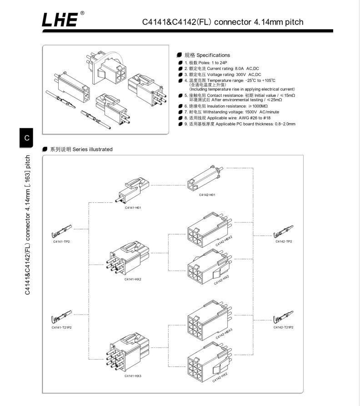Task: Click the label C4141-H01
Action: click(x=133, y=208)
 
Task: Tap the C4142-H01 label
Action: click(x=207, y=194)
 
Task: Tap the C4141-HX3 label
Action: click(x=132, y=376)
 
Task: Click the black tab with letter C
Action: click(x=27, y=137)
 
